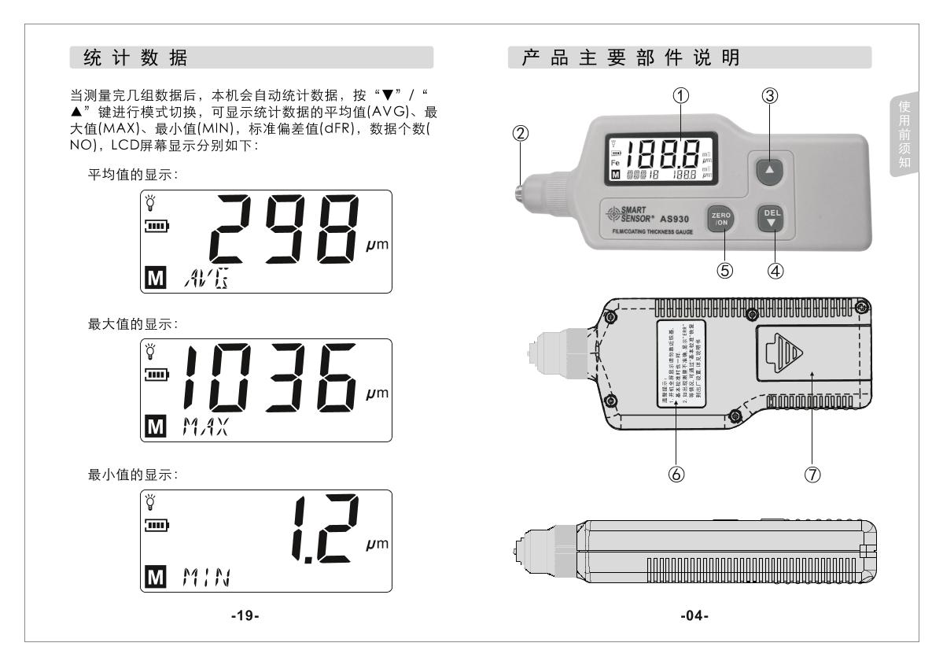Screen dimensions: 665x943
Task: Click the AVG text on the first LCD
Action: tap(201, 277)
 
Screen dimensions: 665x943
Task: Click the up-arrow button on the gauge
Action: tap(770, 169)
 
